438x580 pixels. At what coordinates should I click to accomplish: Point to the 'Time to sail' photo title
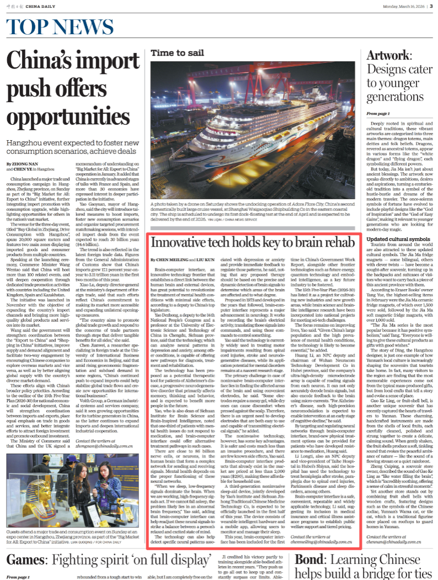[x=174, y=52]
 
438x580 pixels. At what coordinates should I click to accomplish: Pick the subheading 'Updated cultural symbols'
[x=396, y=239]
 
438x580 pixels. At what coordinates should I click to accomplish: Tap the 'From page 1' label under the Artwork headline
[x=378, y=113]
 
